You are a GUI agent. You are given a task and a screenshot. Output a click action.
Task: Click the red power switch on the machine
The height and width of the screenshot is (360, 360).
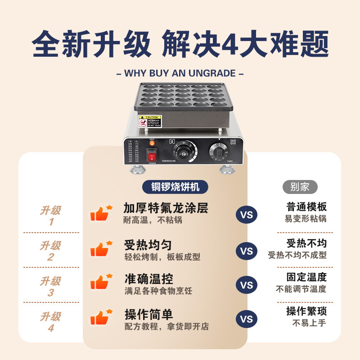coord(152,156)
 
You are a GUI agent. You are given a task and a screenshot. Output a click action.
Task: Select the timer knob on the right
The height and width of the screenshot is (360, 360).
coord(220,152)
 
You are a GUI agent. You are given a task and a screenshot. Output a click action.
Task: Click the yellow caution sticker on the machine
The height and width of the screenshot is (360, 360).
coord(148,121)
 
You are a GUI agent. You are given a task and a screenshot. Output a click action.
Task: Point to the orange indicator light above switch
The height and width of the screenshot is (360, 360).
coord(152,144)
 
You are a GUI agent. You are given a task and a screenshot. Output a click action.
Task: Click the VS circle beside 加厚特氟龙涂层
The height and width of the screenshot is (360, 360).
coord(247,215)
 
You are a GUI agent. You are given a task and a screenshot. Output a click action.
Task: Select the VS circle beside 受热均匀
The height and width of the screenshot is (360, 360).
coord(247,251)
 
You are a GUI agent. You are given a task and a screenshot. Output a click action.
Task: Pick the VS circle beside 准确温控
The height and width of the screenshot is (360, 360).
coord(247,285)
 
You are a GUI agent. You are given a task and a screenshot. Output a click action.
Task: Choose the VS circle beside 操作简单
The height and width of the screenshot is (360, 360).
coord(247,319)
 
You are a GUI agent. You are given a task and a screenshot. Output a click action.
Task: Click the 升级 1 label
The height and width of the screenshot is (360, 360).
coord(50,216)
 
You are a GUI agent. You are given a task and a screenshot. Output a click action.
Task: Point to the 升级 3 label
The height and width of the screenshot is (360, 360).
coord(50,287)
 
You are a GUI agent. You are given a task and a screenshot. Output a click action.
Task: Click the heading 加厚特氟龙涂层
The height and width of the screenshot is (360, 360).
coord(166,208)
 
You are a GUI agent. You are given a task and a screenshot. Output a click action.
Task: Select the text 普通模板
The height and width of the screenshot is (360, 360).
coord(306,207)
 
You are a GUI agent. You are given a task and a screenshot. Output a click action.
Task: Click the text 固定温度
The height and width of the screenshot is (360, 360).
coord(306,277)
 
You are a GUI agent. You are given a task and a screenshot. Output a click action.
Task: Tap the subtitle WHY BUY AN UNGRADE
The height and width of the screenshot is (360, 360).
coord(180,73)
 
